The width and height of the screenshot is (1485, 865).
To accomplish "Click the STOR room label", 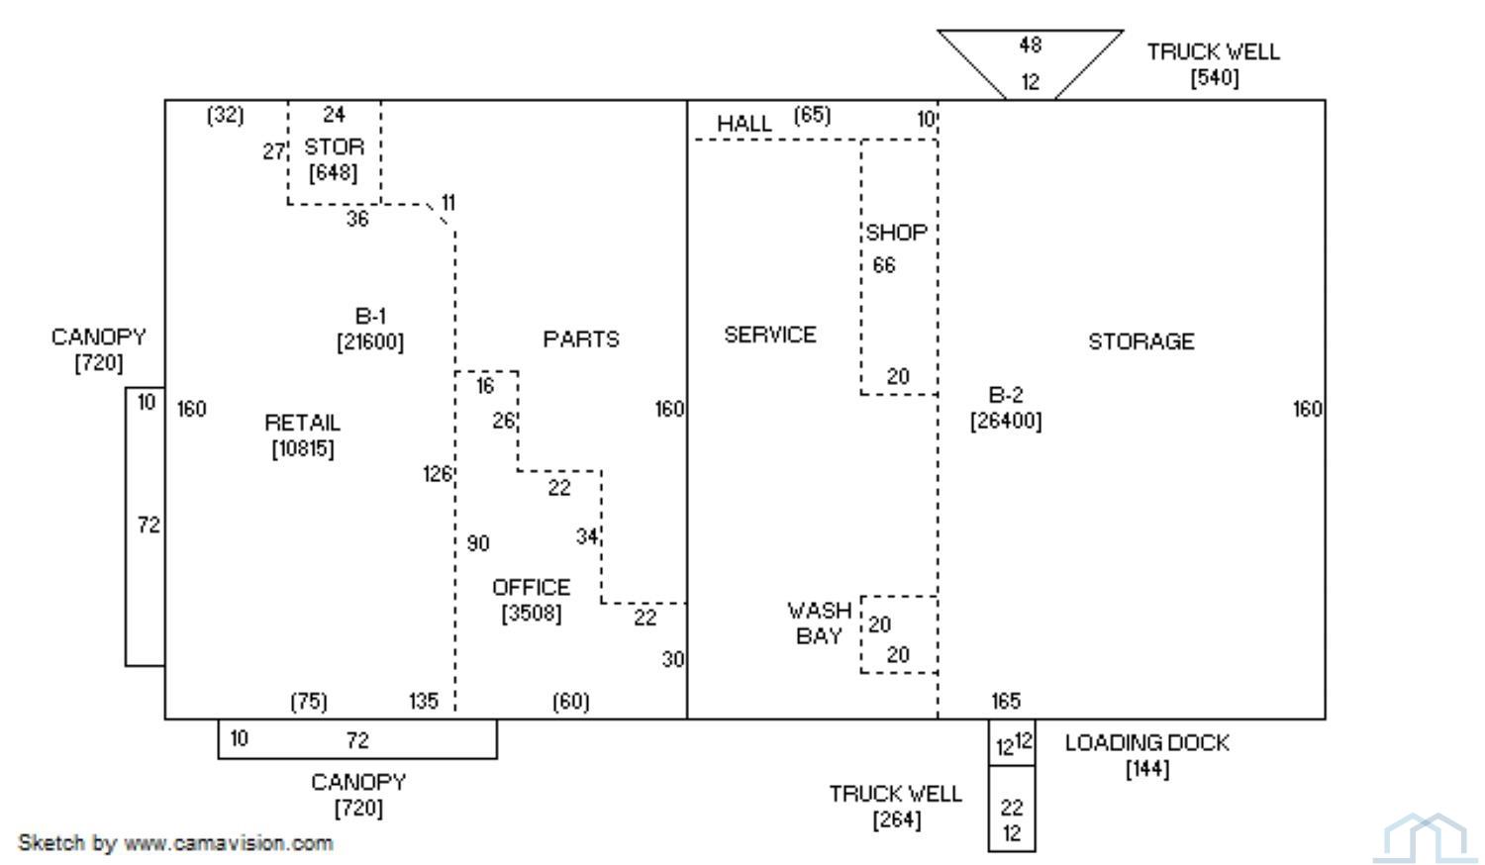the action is pyautogui.click(x=335, y=146).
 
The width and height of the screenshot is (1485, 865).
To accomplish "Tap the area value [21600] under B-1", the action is pyautogui.click(x=370, y=342).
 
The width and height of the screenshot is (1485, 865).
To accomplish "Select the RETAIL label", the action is pyautogui.click(x=302, y=423).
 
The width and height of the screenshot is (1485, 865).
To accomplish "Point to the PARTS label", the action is pyautogui.click(x=581, y=339).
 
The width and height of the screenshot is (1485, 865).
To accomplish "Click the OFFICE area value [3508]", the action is pyautogui.click(x=531, y=614).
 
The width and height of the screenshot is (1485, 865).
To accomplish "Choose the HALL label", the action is pyautogui.click(x=743, y=124).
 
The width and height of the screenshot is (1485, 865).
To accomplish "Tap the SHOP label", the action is pyautogui.click(x=896, y=233).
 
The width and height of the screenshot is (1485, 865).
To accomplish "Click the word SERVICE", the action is pyautogui.click(x=769, y=335).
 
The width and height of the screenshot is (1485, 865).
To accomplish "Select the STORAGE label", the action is pyautogui.click(x=1140, y=341).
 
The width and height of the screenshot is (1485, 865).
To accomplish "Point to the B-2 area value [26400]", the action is pyautogui.click(x=1006, y=421).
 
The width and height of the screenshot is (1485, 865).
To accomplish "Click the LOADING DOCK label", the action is pyautogui.click(x=1146, y=742).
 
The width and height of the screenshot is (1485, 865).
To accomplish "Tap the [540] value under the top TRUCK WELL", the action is pyautogui.click(x=1215, y=78).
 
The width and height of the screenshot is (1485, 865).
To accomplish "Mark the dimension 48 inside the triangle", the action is pyautogui.click(x=1031, y=46).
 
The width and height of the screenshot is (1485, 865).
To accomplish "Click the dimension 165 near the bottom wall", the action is pyautogui.click(x=1006, y=701).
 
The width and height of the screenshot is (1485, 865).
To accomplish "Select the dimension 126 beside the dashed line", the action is pyautogui.click(x=437, y=474).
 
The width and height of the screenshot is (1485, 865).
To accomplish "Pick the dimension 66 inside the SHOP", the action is pyautogui.click(x=884, y=265).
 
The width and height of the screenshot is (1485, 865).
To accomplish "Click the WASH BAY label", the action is pyautogui.click(x=819, y=624).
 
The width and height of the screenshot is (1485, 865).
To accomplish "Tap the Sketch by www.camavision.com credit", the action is pyautogui.click(x=175, y=843).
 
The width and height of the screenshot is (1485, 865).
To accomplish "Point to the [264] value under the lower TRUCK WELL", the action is pyautogui.click(x=896, y=819).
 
